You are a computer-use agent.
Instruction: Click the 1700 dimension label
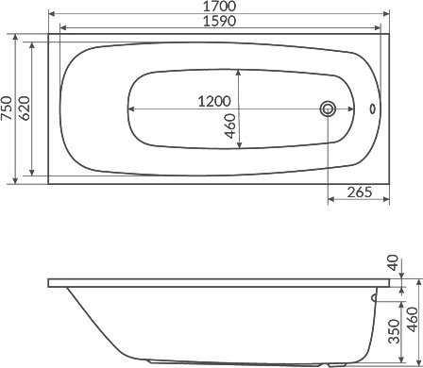coord(219,6)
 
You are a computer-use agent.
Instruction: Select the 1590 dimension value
coord(219,21)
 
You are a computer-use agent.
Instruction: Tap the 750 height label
coord(7,109)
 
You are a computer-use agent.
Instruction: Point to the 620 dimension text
coord(25,109)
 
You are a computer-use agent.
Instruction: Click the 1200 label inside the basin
coord(214,101)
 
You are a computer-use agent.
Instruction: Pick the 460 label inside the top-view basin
coord(230,126)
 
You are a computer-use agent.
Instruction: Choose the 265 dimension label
coord(360,192)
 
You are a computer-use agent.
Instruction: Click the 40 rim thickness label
coord(393,263)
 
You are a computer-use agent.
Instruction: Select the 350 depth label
coord(394,331)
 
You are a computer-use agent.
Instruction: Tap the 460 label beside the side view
coord(412,319)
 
